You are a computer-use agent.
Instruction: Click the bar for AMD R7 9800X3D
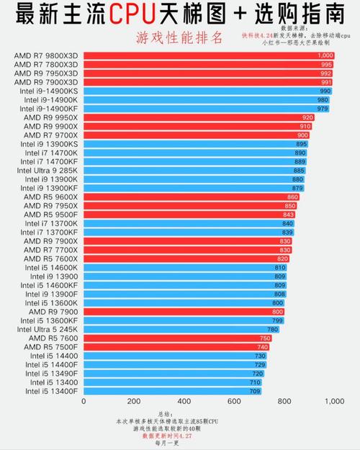point(209,55)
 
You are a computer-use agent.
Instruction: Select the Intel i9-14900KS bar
point(208,91)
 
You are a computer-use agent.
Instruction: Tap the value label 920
point(307,117)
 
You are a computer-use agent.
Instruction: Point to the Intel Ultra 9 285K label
point(48,171)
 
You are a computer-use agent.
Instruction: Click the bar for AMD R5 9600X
point(192,197)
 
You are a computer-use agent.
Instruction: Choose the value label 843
point(288,215)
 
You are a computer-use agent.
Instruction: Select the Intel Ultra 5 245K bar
point(181,330)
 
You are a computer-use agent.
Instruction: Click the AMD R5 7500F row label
point(51,347)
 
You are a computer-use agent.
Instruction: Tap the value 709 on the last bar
point(255,391)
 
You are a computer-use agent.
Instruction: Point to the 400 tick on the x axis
point(184,401)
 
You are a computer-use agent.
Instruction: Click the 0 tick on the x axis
point(84,401)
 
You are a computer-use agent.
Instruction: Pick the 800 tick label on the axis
point(284,401)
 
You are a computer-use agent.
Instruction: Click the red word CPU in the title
point(132,14)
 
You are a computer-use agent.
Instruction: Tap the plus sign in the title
point(240,14)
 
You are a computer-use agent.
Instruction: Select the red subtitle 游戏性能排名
point(179,37)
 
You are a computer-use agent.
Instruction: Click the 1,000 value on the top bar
point(325,55)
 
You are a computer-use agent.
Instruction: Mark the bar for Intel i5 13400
point(173,382)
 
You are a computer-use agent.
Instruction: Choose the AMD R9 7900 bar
point(184,312)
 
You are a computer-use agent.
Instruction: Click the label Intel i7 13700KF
point(49,232)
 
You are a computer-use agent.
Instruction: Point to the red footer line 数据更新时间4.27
point(167,436)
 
